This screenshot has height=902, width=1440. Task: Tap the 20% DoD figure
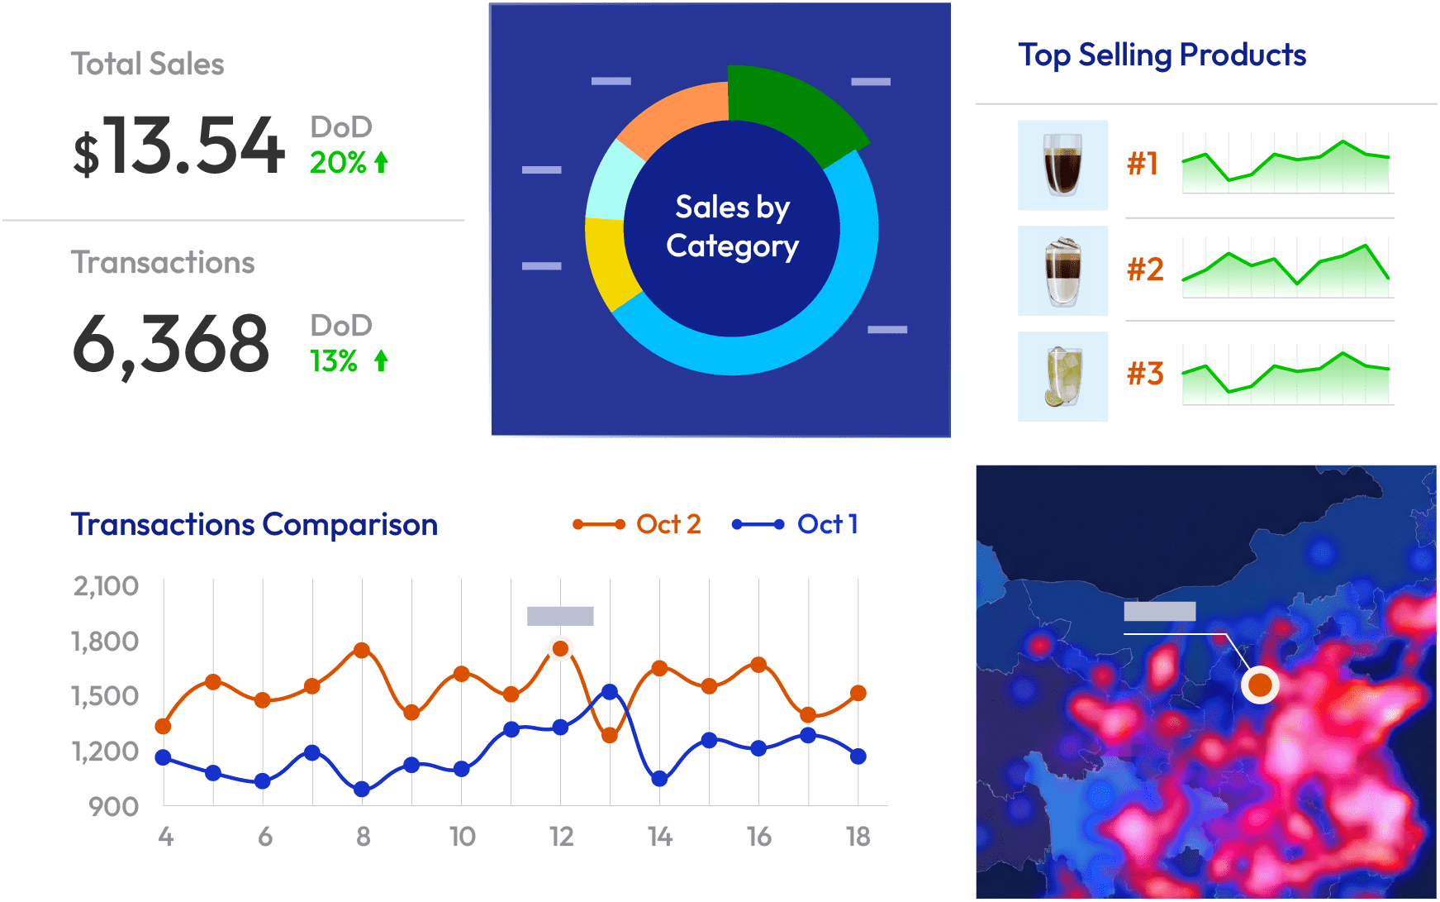(x=337, y=163)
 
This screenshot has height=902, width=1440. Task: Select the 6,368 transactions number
(x=171, y=344)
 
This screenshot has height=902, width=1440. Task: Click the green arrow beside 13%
(x=381, y=360)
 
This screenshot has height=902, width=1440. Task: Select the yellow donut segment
(x=608, y=260)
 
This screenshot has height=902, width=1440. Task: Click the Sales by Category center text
(x=732, y=226)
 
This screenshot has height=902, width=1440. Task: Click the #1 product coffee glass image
(x=1062, y=165)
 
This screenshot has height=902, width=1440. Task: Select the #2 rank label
(x=1145, y=270)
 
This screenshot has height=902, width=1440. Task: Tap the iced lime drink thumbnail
(x=1062, y=376)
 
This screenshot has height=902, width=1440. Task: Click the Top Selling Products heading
(x=1162, y=55)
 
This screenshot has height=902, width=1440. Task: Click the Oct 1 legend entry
(x=796, y=524)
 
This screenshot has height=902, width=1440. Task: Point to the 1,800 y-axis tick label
(x=106, y=642)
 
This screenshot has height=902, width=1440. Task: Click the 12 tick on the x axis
(x=561, y=838)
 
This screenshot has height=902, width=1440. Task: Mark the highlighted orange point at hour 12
(x=560, y=649)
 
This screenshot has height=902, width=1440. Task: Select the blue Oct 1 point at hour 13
(x=610, y=692)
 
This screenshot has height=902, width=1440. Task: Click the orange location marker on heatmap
(x=1260, y=685)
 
